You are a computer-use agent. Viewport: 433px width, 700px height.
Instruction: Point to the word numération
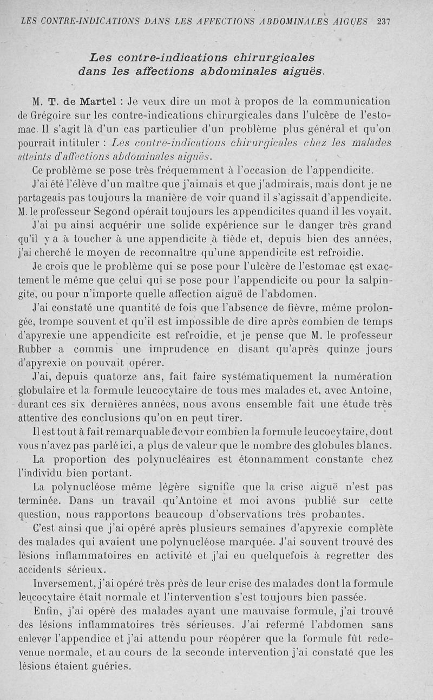tap(362, 377)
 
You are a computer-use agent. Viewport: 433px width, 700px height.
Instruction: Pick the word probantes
tap(337, 515)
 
